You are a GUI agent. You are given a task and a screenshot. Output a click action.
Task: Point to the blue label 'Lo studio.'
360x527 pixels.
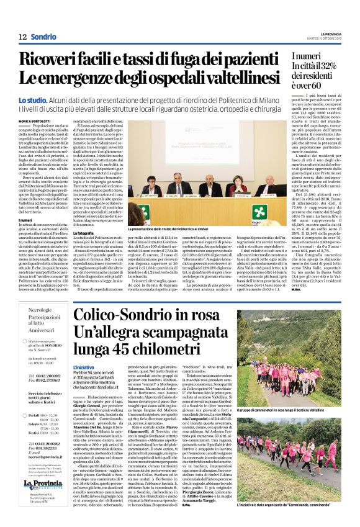tap(32, 101)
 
